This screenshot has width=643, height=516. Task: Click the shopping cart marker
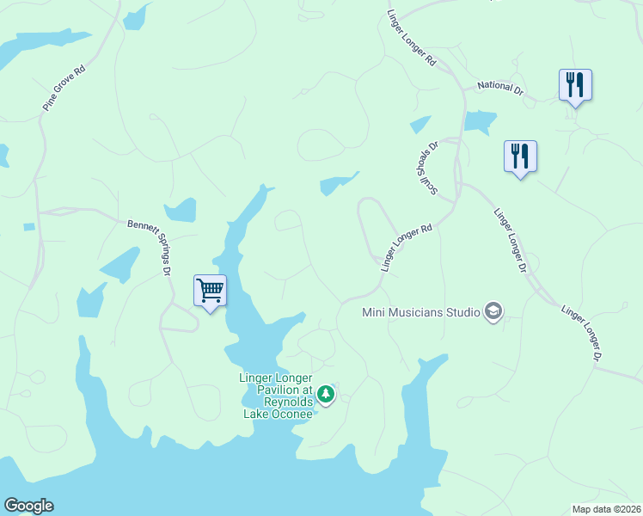[210, 290]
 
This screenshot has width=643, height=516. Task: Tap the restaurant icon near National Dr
[575, 84]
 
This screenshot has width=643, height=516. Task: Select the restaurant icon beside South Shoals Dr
[520, 156]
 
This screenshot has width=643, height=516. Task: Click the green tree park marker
[326, 394]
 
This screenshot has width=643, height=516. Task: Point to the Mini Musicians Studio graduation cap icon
[493, 310]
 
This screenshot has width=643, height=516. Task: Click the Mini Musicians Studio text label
[420, 311]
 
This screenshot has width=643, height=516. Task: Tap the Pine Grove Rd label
[65, 88]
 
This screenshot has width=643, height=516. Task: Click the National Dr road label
[500, 87]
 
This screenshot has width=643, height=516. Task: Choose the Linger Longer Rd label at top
[413, 39]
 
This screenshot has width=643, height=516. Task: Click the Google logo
[28, 506]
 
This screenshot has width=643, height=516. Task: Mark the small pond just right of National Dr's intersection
[481, 122]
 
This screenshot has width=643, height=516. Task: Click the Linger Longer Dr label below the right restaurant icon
[510, 241]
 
